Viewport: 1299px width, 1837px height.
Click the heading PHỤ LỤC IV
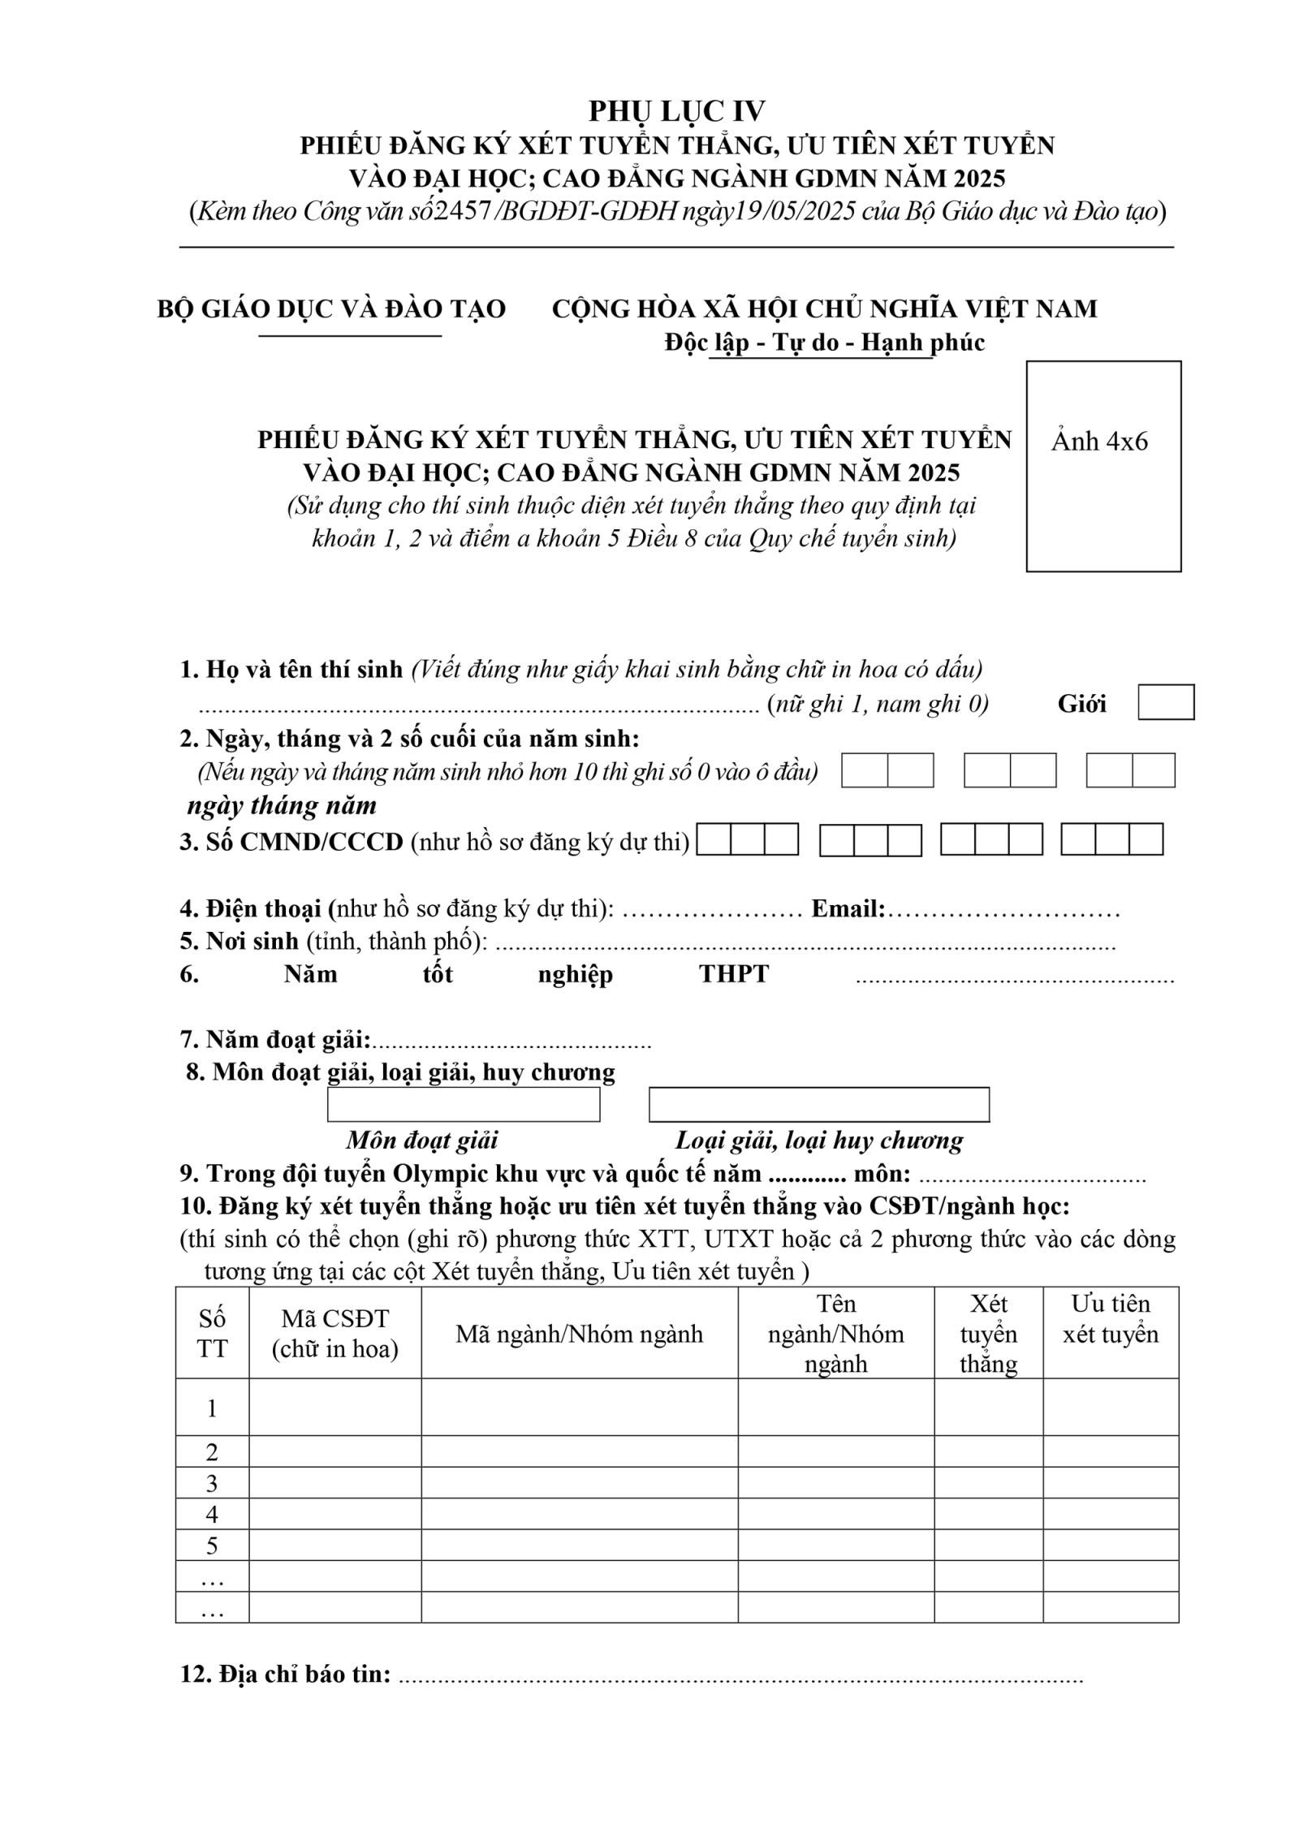pyautogui.click(x=676, y=110)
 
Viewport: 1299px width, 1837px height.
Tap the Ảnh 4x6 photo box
pyautogui.click(x=1103, y=466)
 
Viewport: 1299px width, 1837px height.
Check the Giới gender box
pyautogui.click(x=1166, y=702)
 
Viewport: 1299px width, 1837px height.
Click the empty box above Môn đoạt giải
pyautogui.click(x=464, y=1105)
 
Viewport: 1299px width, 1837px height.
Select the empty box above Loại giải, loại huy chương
pyautogui.click(x=818, y=1105)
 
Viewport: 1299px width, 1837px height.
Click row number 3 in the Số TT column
pyautogui.click(x=212, y=1483)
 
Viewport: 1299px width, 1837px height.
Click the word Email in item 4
pyautogui.click(x=847, y=909)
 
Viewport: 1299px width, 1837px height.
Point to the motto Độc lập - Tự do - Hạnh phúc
pyautogui.click(x=824, y=343)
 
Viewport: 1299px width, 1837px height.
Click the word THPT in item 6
pyautogui.click(x=734, y=974)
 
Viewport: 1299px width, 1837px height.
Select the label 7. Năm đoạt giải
pyautogui.click(x=275, y=1040)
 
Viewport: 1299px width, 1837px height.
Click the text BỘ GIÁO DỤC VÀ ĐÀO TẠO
pyautogui.click(x=331, y=309)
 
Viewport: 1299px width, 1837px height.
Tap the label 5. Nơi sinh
pyautogui.click(x=241, y=942)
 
